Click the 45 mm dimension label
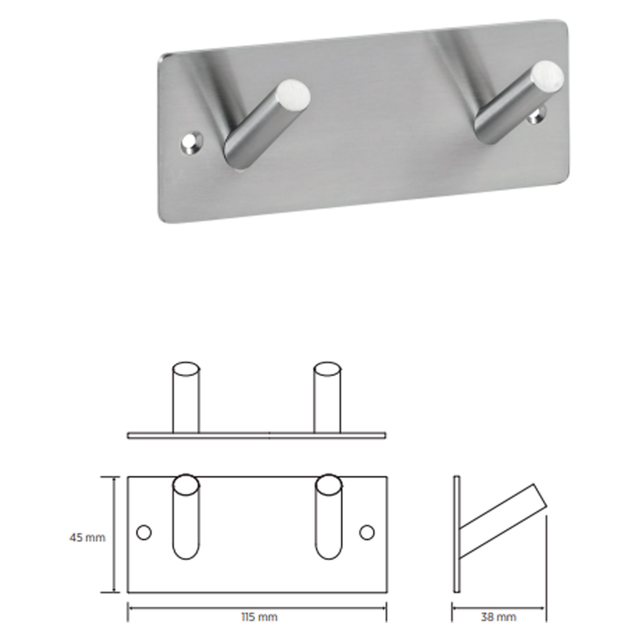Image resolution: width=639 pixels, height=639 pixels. click(87, 537)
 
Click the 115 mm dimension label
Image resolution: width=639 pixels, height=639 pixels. click(259, 617)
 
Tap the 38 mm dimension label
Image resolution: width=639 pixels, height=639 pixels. click(498, 617)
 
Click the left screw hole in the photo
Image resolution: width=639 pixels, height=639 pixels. click(192, 143)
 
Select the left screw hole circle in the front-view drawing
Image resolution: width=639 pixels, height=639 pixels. click(144, 533)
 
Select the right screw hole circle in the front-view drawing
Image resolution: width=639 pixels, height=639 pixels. click(367, 533)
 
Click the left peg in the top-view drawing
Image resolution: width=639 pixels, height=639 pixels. click(186, 397)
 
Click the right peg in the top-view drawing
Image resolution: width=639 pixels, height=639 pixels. click(327, 397)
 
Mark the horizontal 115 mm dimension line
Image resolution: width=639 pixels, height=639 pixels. click(257, 608)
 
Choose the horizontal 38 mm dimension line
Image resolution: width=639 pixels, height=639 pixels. click(498, 608)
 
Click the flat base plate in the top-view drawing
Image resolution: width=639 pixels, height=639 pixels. click(257, 435)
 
